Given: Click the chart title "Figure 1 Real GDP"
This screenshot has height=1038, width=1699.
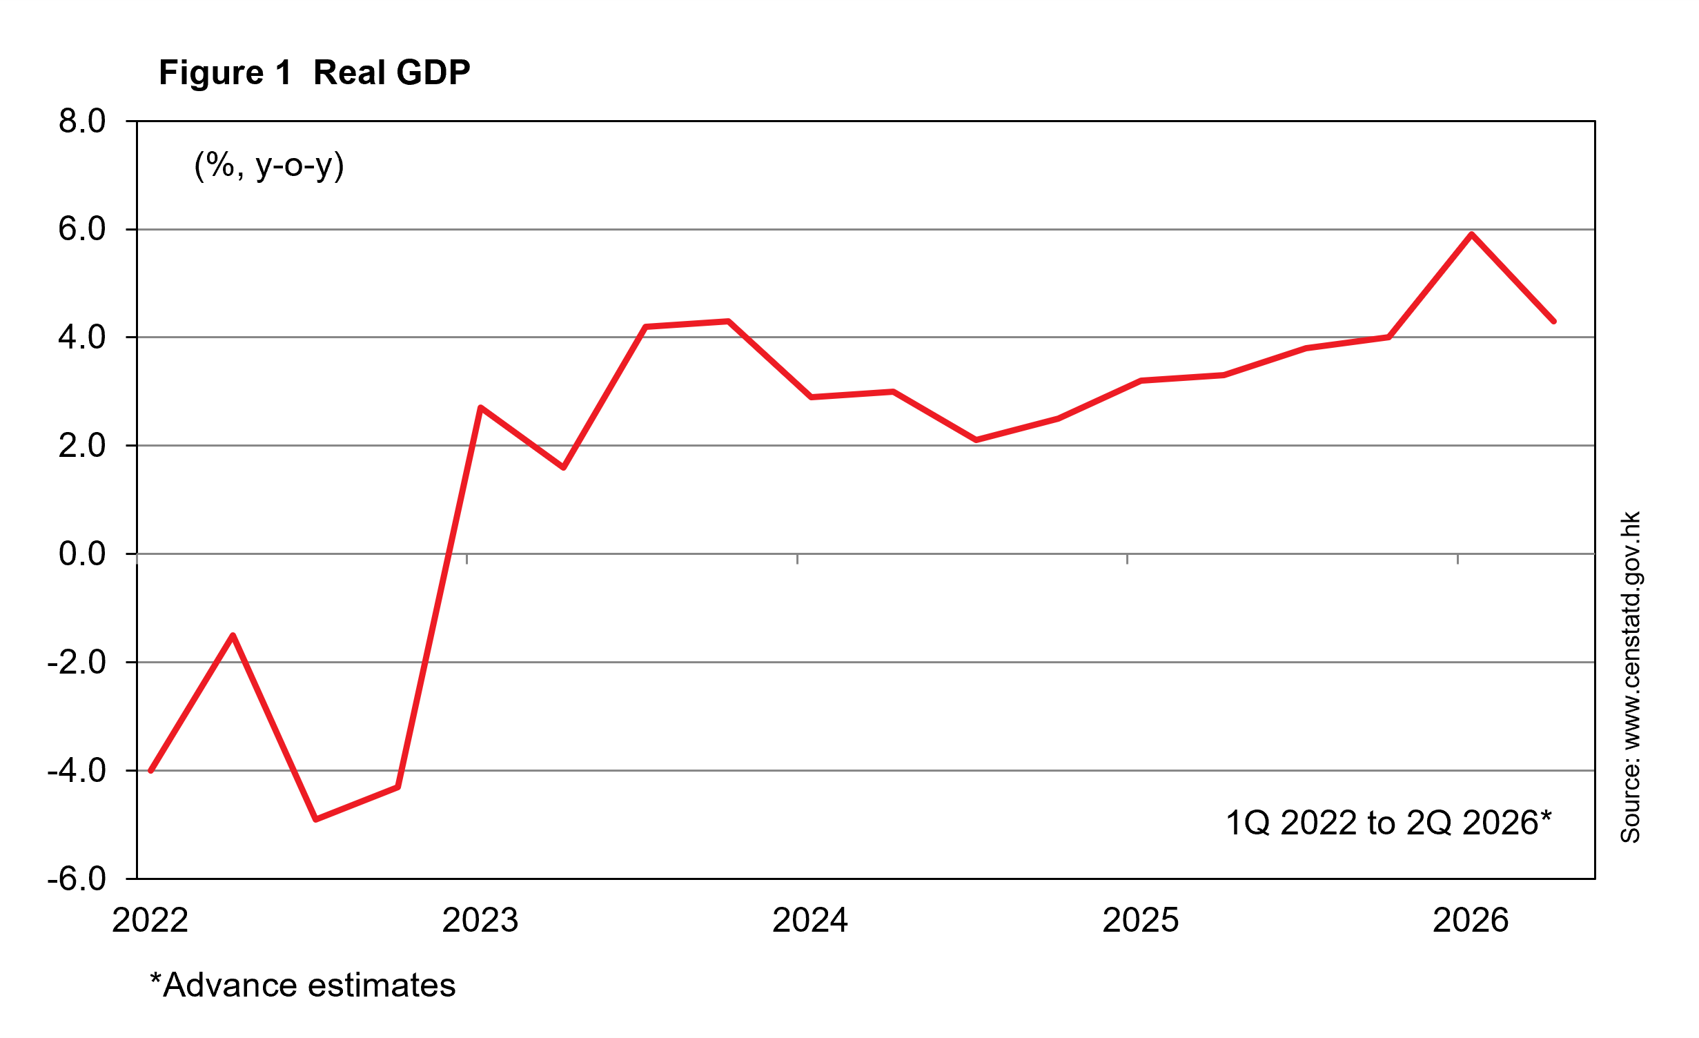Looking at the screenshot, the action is point(315,73).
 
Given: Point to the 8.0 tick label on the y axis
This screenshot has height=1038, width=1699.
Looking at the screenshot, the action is point(82,121).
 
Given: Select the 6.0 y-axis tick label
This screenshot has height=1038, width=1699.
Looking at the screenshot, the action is point(82,228).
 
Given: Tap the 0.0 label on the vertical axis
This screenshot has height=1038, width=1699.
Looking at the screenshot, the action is point(82,554).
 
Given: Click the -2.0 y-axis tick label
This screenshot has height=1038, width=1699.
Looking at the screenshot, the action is point(77,662).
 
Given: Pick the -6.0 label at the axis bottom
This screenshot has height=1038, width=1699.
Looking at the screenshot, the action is point(77,879).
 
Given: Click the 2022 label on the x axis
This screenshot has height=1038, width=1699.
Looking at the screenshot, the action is point(150,920).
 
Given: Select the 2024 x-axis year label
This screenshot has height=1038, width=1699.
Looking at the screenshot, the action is point(810,920).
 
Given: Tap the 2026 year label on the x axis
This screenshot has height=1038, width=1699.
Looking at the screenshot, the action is point(1471,920).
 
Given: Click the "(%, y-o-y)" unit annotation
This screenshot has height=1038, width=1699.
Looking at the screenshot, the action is point(269,166).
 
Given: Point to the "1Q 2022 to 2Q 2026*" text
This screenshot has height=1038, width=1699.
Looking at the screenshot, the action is point(1388,823).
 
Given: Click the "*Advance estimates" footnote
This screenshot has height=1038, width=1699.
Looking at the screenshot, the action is point(303,985).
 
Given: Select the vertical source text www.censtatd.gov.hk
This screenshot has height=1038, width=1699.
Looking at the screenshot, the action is point(1630,677).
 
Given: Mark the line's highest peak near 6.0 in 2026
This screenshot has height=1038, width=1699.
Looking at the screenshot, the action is point(1471,235).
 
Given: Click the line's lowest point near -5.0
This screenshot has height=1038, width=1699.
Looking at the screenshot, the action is point(315,819).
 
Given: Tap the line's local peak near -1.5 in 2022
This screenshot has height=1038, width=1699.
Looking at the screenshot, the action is point(233,635).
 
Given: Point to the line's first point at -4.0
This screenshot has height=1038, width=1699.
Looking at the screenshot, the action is point(150,770).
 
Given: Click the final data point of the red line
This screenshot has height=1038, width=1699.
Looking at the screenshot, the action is point(1553,321).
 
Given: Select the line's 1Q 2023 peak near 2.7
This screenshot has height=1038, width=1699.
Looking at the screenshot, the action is point(480,408).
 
